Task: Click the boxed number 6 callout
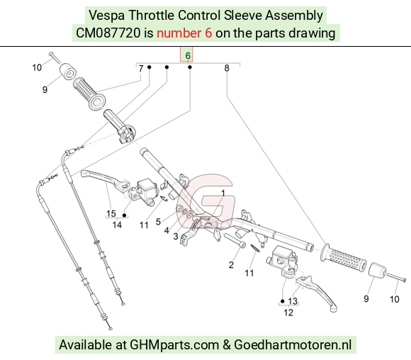pos(188,55)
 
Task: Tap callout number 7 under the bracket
pos(141,69)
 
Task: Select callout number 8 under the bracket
pos(227,68)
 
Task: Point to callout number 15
pos(111,213)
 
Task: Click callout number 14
pos(117,225)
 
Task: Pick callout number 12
pos(288,313)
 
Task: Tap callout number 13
pos(293,301)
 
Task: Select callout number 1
pos(223,193)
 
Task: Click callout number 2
pos(231,265)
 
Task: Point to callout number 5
pos(158,222)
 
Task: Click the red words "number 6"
pos(184,33)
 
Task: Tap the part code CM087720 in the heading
pos(108,33)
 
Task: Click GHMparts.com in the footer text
pos(174,344)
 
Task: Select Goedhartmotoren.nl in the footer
pos(293,344)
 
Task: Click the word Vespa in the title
pos(107,16)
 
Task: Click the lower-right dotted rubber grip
pos(343,257)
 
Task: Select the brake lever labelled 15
pos(104,179)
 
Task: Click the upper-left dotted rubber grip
pos(89,94)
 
